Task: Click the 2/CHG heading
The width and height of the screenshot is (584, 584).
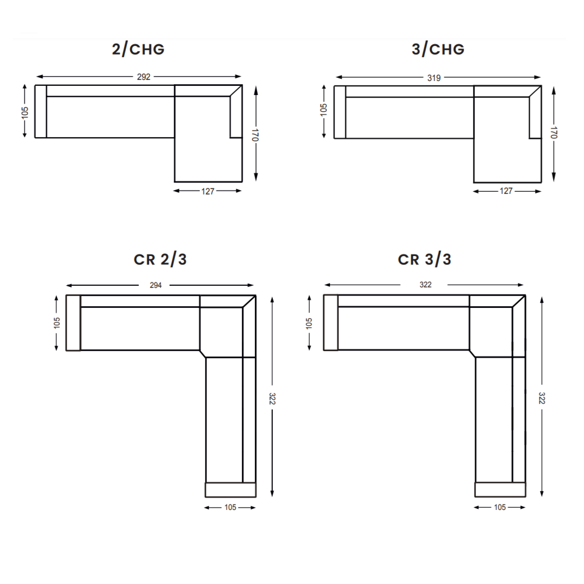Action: tap(138, 49)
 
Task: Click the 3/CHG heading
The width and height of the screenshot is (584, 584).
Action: tap(438, 49)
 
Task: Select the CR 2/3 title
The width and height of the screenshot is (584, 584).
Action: tap(160, 259)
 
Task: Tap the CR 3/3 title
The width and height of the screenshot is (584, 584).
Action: tap(425, 259)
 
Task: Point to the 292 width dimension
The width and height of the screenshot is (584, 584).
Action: tap(144, 77)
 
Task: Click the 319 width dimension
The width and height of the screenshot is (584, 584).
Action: tap(434, 78)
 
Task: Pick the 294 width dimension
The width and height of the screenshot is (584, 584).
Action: tap(156, 286)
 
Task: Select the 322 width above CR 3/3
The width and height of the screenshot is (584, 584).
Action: tap(426, 285)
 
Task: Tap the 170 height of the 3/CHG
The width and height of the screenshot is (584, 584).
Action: tap(554, 133)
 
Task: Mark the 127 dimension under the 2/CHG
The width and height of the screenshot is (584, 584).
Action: tap(208, 191)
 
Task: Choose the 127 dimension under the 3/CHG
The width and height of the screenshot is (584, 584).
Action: tap(506, 191)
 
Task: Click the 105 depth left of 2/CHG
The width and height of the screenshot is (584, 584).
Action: tap(25, 112)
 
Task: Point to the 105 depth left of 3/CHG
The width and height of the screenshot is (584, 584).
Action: tap(324, 110)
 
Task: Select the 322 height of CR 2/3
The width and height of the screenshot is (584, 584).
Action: tap(272, 399)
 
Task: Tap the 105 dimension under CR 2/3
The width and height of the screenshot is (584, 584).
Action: tap(230, 507)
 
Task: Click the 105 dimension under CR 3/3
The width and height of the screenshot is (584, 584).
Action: tap(500, 507)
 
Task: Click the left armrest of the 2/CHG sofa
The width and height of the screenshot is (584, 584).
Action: tap(41, 111)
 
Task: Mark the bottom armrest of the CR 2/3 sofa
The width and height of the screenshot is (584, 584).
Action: tap(230, 489)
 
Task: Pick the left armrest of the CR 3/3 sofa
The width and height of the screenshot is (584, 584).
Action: tap(331, 323)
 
